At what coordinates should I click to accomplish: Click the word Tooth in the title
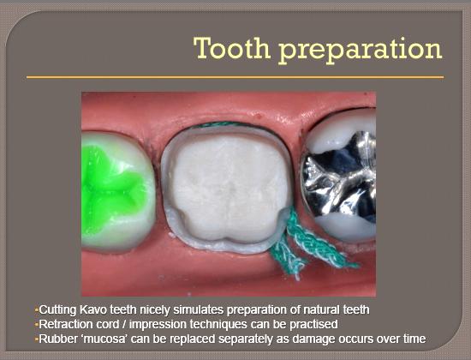click(232, 48)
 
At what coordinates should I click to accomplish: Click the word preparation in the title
click(360, 51)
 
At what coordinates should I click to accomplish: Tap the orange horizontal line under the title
click(235, 77)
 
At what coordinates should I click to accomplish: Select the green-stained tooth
click(117, 191)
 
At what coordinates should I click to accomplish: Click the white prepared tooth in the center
click(227, 189)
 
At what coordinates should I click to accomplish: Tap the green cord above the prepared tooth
click(224, 124)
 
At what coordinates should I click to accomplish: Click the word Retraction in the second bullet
click(63, 324)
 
